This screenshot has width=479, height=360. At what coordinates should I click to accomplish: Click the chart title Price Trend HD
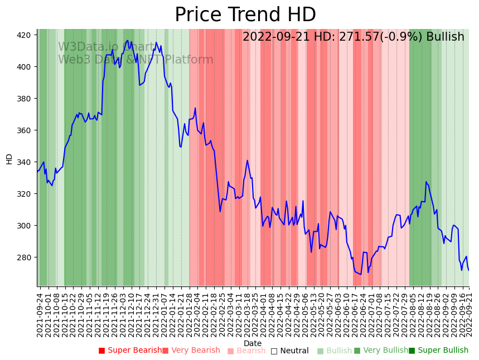245,15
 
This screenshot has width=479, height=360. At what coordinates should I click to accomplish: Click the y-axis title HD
9,159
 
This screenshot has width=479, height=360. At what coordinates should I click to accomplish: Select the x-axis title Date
253,343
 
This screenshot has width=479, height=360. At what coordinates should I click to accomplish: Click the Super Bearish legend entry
130,351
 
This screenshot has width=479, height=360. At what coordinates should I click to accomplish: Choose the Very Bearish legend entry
191,351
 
